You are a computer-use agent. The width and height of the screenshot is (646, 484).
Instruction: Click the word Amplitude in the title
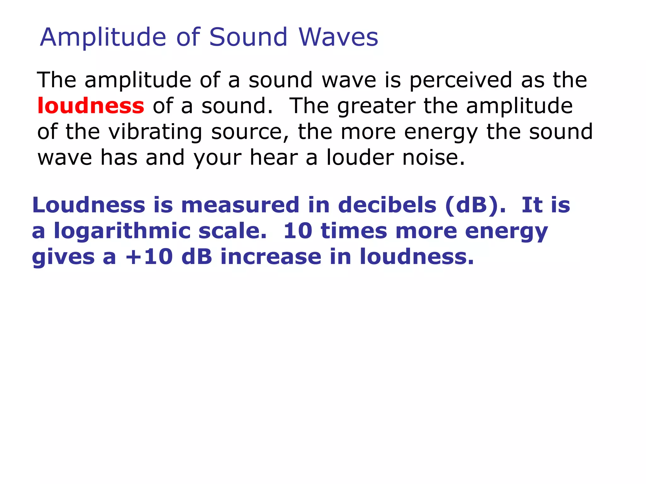click(x=103, y=37)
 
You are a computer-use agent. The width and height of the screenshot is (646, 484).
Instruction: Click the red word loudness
click(x=91, y=106)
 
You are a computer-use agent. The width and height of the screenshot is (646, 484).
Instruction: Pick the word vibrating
click(x=155, y=132)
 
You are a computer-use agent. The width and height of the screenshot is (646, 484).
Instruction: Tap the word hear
click(x=273, y=158)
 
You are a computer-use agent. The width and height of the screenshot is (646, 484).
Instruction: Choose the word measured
click(x=240, y=205)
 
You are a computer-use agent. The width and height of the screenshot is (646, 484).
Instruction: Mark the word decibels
click(x=387, y=205)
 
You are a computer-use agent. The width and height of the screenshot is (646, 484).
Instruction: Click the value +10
click(x=149, y=257)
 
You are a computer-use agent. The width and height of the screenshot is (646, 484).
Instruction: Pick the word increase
click(x=271, y=257)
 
